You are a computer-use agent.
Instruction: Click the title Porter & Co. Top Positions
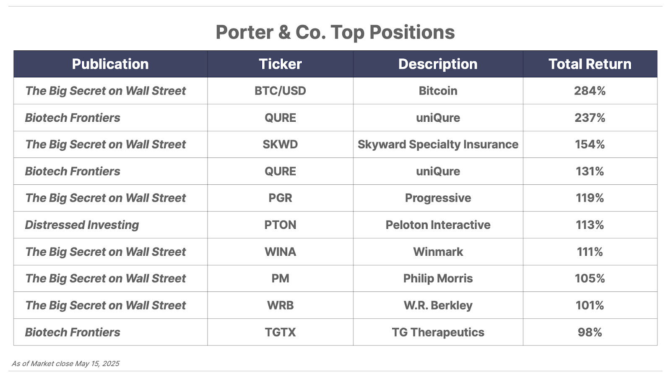pos(335,32)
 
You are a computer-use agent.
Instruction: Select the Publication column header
pos(110,64)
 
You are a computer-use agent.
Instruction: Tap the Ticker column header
pos(281,64)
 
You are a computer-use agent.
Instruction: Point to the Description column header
pos(438,64)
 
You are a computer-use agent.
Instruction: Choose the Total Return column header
pos(590,64)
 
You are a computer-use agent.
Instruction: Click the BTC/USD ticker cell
pos(281,91)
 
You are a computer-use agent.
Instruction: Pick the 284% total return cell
pos(590,91)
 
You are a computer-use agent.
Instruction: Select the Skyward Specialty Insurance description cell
pos(438,144)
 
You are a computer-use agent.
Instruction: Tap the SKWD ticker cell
pos(281,144)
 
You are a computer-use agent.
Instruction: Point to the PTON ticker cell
pos(281,225)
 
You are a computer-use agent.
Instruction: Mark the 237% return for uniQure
pos(590,118)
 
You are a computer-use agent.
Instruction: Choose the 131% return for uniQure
pos(590,171)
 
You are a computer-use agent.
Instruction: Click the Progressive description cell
pos(438,198)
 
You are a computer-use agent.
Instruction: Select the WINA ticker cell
pos(281,252)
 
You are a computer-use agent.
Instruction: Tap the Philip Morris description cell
pos(438,278)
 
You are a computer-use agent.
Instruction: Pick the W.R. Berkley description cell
pos(438,305)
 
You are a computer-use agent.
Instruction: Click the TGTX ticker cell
pos(281,332)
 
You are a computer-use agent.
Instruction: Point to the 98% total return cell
pos(590,332)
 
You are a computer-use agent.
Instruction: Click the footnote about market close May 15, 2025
pos(65,364)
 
